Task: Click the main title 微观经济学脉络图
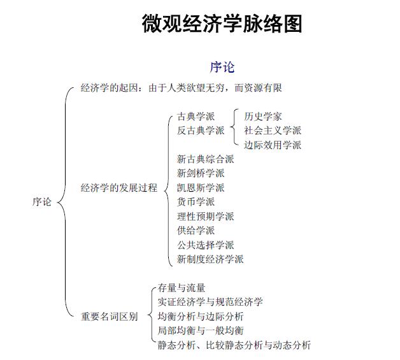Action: point(222,24)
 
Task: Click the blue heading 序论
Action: point(222,67)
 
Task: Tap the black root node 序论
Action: point(42,202)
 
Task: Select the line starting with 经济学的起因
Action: point(182,89)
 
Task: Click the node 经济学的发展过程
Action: point(118,188)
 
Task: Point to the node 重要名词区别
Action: point(109,316)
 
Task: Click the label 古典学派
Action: point(196,116)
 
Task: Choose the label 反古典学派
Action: point(201,130)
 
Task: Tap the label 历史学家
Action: point(263,116)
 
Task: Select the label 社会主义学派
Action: point(273,130)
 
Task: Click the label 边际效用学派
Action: point(273,145)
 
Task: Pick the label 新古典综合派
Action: point(205,159)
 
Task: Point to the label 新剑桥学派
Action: point(201,173)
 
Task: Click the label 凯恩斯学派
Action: point(201,188)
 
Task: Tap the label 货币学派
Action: point(196,202)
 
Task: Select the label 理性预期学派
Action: point(205,217)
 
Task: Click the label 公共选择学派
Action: point(205,245)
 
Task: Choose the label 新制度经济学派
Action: point(210,259)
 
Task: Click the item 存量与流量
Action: point(182,288)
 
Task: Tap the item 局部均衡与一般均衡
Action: point(201,331)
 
